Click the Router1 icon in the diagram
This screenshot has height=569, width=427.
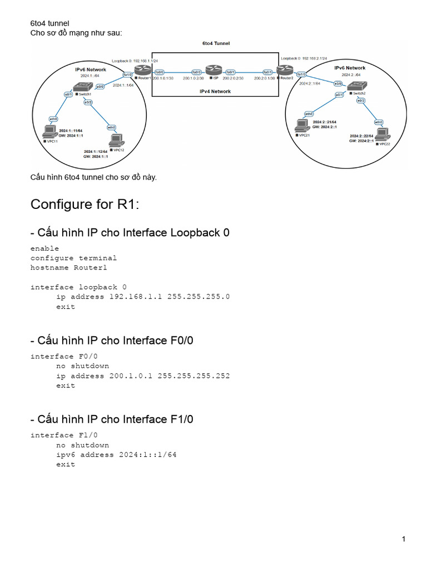(x=145, y=71)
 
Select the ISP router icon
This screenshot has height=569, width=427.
(x=213, y=71)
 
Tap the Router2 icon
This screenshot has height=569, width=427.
(x=285, y=71)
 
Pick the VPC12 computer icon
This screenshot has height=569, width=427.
(x=116, y=139)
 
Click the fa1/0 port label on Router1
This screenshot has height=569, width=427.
(x=127, y=74)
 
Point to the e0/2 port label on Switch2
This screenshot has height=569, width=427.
(x=363, y=100)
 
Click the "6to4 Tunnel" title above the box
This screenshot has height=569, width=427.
(x=216, y=43)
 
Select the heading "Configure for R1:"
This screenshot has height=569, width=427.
(x=85, y=204)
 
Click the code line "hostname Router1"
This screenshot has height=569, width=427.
(x=68, y=267)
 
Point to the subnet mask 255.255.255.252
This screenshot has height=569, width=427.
(x=193, y=376)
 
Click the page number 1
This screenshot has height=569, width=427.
(x=404, y=539)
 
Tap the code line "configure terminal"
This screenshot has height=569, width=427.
(x=73, y=258)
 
